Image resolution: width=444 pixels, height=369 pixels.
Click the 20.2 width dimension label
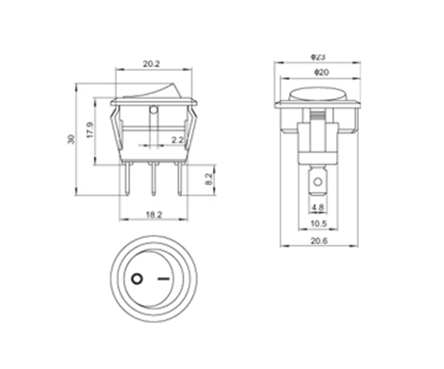(x=151, y=64)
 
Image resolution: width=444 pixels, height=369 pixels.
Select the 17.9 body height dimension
(x=90, y=130)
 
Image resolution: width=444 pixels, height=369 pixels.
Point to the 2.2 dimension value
(x=178, y=140)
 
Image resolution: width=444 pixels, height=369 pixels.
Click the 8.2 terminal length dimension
(x=208, y=179)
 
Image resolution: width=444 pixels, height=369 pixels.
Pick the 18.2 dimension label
(x=154, y=214)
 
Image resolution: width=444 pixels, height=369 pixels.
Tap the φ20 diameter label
(x=321, y=72)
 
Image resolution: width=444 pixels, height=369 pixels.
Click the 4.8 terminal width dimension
(x=317, y=207)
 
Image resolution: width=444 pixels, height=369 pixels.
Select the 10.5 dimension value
(x=319, y=224)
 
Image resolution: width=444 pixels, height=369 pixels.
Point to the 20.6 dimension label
(x=319, y=241)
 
